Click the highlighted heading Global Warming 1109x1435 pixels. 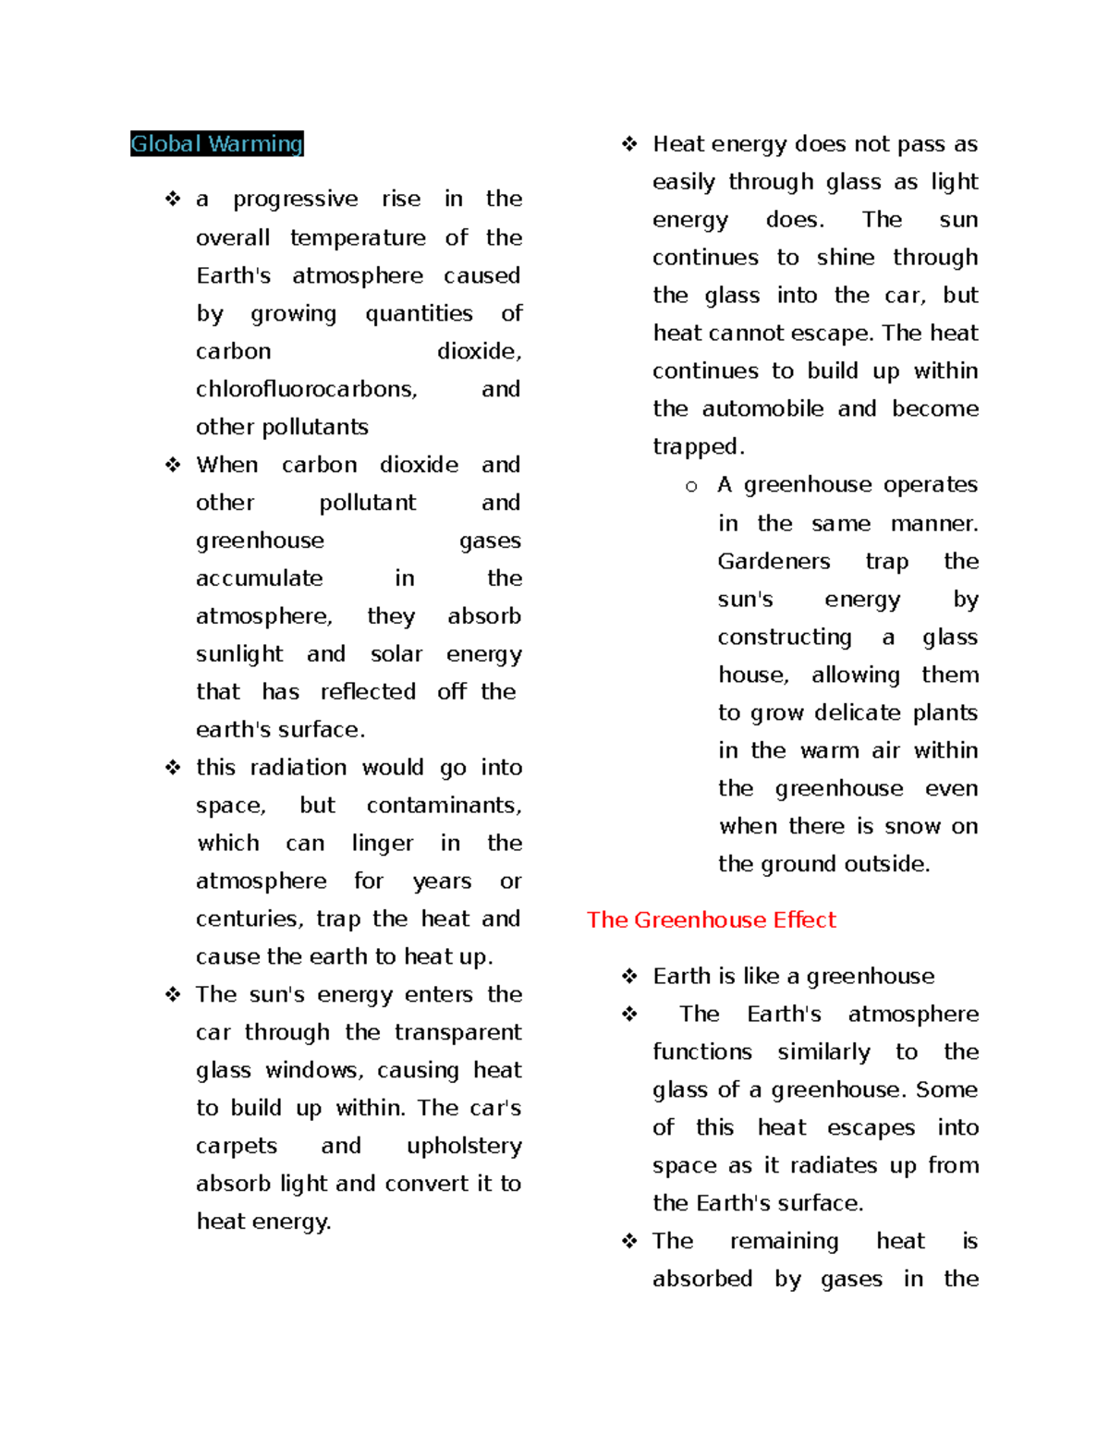point(216,144)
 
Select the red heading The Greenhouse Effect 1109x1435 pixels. point(711,919)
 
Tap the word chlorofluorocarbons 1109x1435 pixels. point(306,389)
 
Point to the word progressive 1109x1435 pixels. point(295,200)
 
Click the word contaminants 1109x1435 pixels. point(444,806)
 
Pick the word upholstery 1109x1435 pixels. point(464,1146)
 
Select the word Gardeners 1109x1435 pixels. point(774,562)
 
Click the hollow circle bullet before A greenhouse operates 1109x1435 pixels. point(691,486)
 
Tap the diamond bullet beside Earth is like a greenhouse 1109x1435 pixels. point(629,977)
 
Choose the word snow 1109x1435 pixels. point(912,826)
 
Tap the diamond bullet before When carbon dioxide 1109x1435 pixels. point(173,465)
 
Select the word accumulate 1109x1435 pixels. point(259,578)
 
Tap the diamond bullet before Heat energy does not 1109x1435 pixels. point(629,144)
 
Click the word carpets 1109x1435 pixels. point(236,1146)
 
